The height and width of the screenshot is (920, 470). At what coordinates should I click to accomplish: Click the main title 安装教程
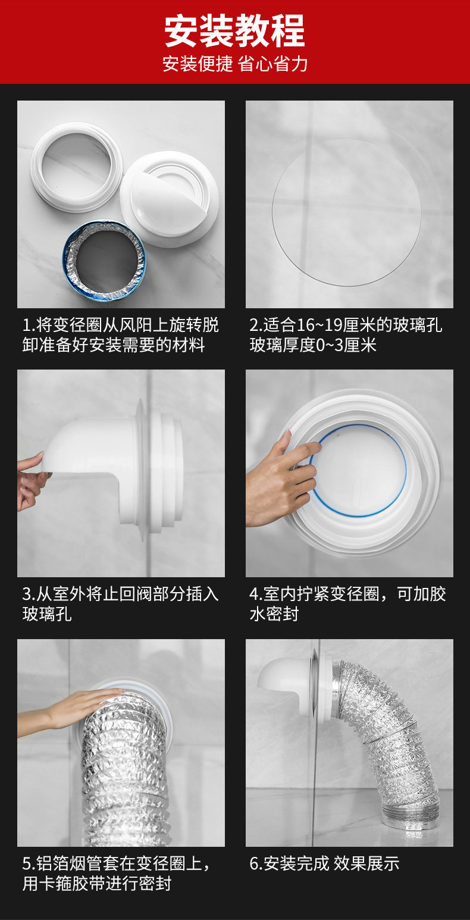click(x=234, y=30)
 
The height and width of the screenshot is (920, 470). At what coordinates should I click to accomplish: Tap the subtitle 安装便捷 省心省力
click(x=235, y=64)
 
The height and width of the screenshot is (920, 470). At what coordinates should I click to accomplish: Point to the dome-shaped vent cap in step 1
click(x=169, y=199)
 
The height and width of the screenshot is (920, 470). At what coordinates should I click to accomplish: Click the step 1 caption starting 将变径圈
click(x=120, y=334)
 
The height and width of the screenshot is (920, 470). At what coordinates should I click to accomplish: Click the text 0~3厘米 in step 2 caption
click(x=346, y=345)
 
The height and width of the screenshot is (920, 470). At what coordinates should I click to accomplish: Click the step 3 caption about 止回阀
click(x=120, y=604)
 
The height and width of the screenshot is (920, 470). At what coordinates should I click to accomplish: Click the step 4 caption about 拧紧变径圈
click(x=347, y=604)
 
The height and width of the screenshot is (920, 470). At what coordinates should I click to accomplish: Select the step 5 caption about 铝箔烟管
click(x=117, y=873)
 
